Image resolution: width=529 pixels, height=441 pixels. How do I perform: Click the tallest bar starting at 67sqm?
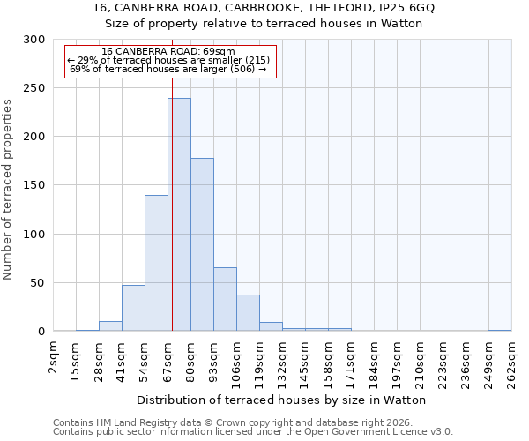point(179,214)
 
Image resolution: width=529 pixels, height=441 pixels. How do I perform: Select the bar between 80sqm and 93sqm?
point(202,244)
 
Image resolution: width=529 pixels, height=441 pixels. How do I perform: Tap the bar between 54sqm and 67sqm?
point(156,263)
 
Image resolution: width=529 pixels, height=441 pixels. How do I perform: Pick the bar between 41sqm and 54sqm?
point(133,308)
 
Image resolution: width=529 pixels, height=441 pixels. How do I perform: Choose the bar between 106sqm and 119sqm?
point(248,313)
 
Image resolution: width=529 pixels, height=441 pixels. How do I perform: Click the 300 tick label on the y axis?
point(34,40)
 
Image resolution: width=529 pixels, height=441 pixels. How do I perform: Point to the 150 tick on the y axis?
point(34,185)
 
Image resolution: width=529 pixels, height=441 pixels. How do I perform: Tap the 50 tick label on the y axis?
point(38,283)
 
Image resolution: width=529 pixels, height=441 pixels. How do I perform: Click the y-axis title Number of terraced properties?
point(8,190)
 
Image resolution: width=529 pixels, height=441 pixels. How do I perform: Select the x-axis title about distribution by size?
point(282,400)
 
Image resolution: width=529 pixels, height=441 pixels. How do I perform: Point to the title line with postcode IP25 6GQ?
point(264,8)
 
